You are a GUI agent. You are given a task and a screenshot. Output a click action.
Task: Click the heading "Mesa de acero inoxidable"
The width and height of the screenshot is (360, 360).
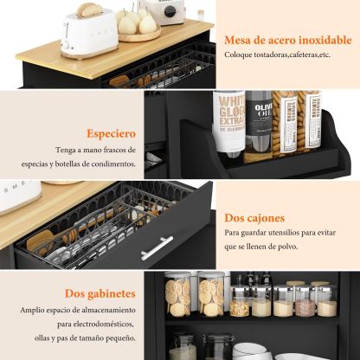pos(288,40)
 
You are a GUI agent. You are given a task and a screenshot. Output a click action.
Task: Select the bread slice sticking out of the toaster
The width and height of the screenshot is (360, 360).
pos(89,10)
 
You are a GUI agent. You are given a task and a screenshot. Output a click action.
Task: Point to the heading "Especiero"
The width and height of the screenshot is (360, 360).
pos(112,134)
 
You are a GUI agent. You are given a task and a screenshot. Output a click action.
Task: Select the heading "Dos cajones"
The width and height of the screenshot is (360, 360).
pos(254,218)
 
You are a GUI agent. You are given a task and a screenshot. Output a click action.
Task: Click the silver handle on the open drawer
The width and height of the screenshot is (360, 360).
pos(157,247)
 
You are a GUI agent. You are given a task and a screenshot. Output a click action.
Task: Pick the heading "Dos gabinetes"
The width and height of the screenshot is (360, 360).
pos(100,293)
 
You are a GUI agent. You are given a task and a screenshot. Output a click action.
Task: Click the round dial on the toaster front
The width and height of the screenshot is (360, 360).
pos(66,45)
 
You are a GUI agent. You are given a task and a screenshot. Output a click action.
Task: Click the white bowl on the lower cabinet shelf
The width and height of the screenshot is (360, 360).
pos(252,351)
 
